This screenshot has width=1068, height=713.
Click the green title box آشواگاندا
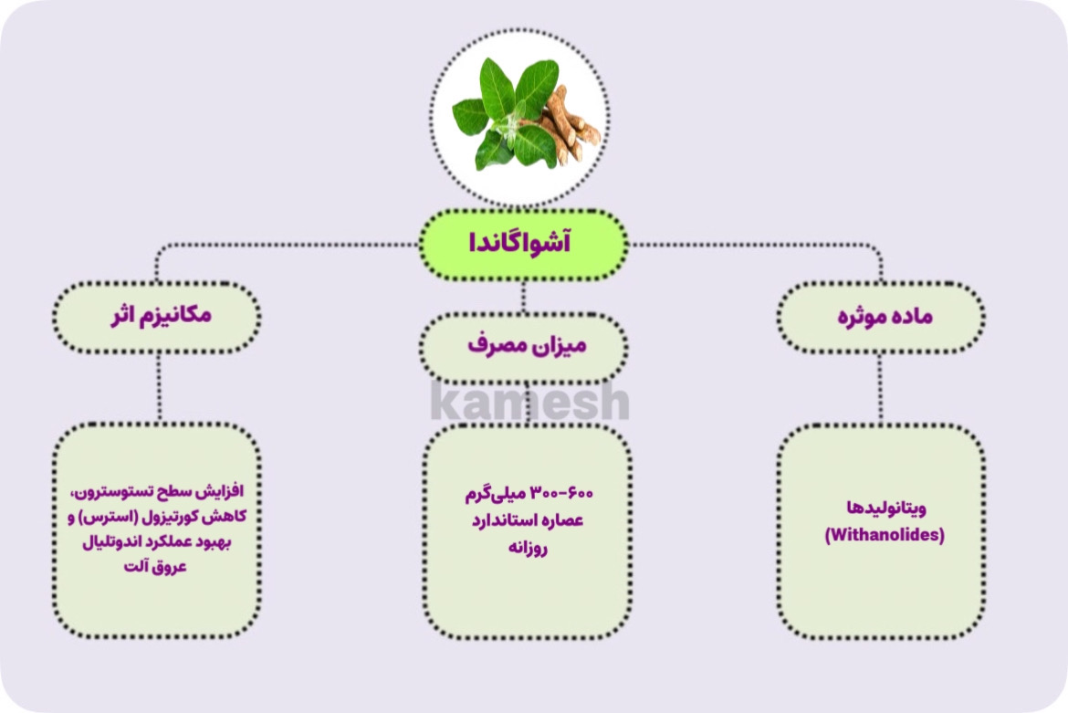pos(523,244)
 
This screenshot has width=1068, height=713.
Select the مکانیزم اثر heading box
pos(157,317)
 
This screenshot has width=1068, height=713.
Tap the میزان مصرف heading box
pos(524,346)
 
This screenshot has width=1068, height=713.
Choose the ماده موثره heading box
pos(881,317)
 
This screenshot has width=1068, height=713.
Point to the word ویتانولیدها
pos(885,509)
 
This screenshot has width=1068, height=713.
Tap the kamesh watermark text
pos(529,403)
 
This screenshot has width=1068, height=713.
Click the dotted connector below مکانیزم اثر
pos(159,388)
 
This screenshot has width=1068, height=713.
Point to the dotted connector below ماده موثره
pos(881,388)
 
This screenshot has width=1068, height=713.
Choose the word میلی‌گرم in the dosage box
pos(504,494)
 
